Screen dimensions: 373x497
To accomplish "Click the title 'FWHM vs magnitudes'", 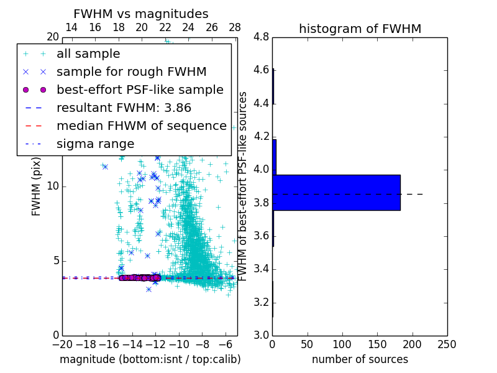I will tap(141, 14).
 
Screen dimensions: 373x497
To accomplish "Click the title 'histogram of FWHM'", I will tap(360, 29).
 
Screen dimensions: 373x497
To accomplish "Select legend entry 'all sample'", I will tap(88, 54).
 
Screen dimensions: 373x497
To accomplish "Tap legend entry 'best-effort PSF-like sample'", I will tap(140, 90).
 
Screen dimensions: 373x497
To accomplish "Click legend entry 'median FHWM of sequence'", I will tap(142, 126).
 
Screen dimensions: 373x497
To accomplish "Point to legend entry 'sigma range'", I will tap(95, 144).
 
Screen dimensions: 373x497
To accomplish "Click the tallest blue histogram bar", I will tap(336, 193).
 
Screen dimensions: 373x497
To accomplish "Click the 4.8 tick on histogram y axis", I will tap(260, 37).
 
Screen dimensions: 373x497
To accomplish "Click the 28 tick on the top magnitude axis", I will tap(235, 27).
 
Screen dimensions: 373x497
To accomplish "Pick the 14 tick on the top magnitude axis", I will tap(71, 27).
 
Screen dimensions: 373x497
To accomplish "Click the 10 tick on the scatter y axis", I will tap(53, 186).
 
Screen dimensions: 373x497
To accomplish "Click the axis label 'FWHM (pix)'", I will tap(37, 186).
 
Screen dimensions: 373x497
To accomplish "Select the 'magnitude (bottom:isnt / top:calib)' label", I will tap(150, 359).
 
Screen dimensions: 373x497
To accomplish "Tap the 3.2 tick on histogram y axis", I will tap(260, 303).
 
